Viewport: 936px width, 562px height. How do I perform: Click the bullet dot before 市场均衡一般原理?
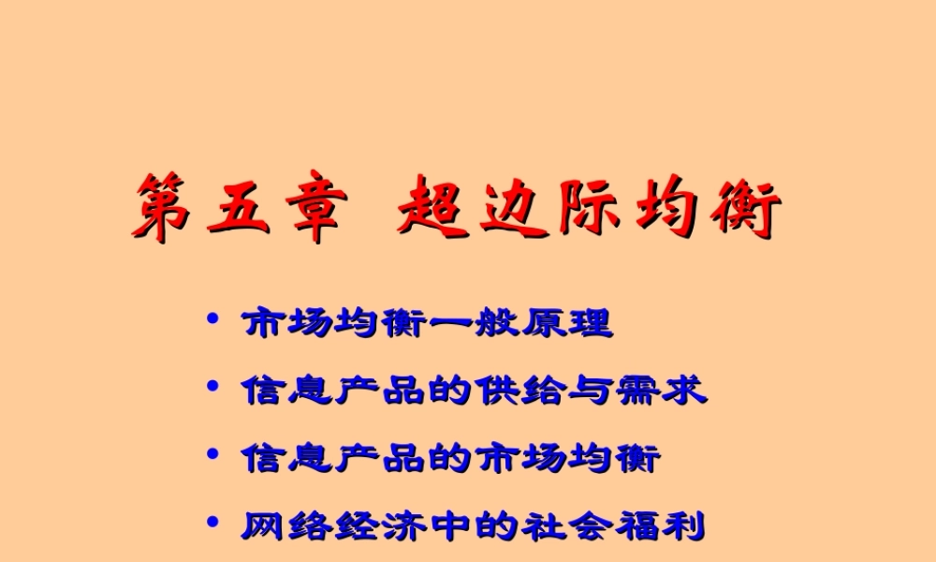point(213,321)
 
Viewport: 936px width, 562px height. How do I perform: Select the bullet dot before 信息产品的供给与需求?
point(213,387)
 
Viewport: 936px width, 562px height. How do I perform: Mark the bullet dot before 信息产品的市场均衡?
point(213,455)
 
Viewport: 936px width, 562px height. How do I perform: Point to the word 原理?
point(565,324)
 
